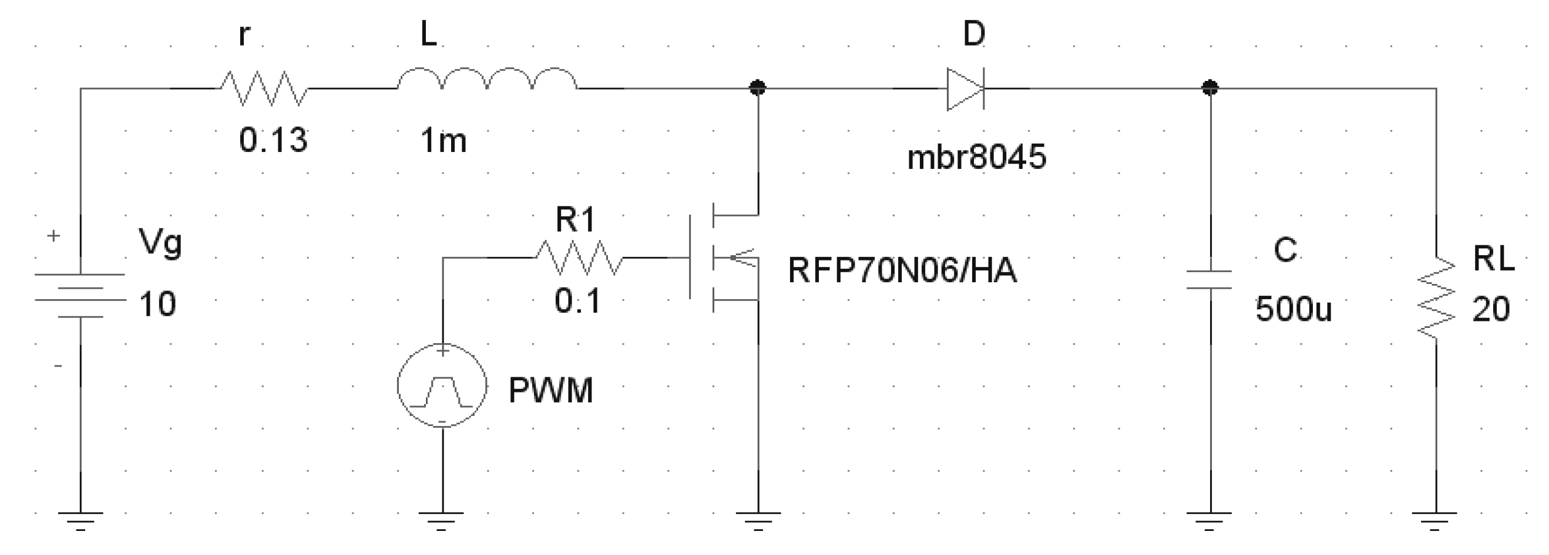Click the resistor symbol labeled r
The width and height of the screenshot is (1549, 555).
point(263,89)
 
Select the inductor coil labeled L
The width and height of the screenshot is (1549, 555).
point(487,81)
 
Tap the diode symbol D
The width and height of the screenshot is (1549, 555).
point(966,89)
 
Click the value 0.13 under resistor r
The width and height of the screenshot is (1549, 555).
point(273,141)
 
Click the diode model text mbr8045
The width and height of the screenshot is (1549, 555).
point(976,157)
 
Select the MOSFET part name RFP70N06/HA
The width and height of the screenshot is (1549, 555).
point(902,270)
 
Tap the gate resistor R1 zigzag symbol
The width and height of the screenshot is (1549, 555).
point(579,258)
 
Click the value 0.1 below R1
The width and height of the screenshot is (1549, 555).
point(577,301)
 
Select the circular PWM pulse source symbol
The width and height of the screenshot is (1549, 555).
point(442,385)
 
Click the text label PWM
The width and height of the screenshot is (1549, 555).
point(550,390)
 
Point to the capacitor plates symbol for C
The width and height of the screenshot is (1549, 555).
point(1209,280)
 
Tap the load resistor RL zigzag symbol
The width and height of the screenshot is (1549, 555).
point(1436,298)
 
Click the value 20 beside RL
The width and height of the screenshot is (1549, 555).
point(1491,310)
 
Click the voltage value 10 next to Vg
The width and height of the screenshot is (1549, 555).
point(157,304)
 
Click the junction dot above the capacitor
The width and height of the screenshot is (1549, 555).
point(1210,88)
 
